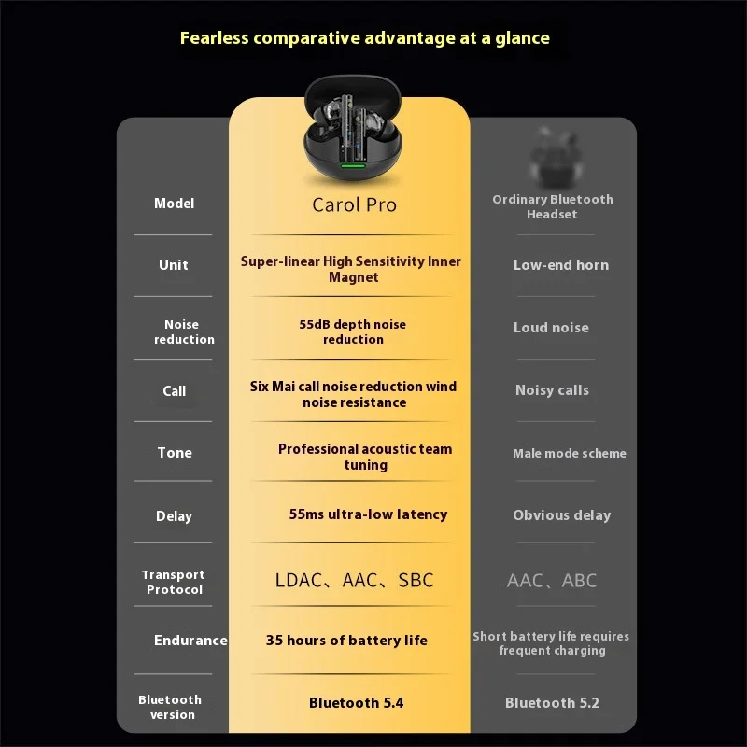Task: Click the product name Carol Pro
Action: [x=354, y=204]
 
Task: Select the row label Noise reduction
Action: [x=183, y=332]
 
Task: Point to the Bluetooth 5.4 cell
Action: [x=356, y=702]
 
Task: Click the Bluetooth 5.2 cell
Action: [x=552, y=702]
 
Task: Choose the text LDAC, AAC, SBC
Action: [x=354, y=580]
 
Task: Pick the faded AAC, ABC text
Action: [x=551, y=580]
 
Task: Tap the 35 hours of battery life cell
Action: [x=346, y=640]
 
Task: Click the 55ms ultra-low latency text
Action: [x=368, y=514]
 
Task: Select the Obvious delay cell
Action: [x=561, y=515]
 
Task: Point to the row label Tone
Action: [x=175, y=453]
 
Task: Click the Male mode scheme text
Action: [x=569, y=454]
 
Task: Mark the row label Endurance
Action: [x=190, y=641]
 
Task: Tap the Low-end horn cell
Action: [x=560, y=265]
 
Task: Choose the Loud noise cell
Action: [x=551, y=328]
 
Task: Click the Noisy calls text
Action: [x=552, y=390]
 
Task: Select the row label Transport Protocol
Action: [x=174, y=583]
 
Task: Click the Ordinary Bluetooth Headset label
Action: [x=553, y=206]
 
